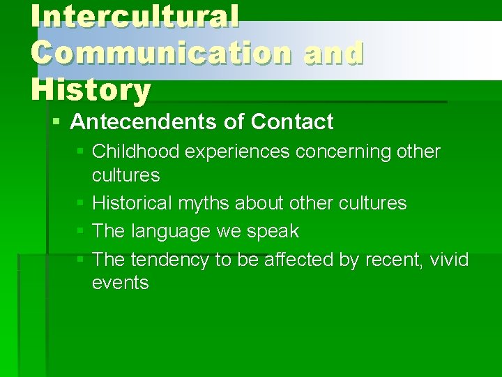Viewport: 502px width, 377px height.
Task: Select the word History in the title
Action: pyautogui.click(x=91, y=89)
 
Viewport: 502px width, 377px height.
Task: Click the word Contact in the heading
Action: pyautogui.click(x=292, y=122)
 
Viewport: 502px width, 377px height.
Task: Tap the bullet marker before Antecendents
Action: pyautogui.click(x=56, y=122)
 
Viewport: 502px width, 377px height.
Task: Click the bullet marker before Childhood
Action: pyautogui.click(x=79, y=151)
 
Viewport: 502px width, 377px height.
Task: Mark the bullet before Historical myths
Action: pyautogui.click(x=79, y=203)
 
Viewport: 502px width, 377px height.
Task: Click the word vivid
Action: pyautogui.click(x=449, y=260)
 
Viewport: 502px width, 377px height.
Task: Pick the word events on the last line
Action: pyautogui.click(x=120, y=283)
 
